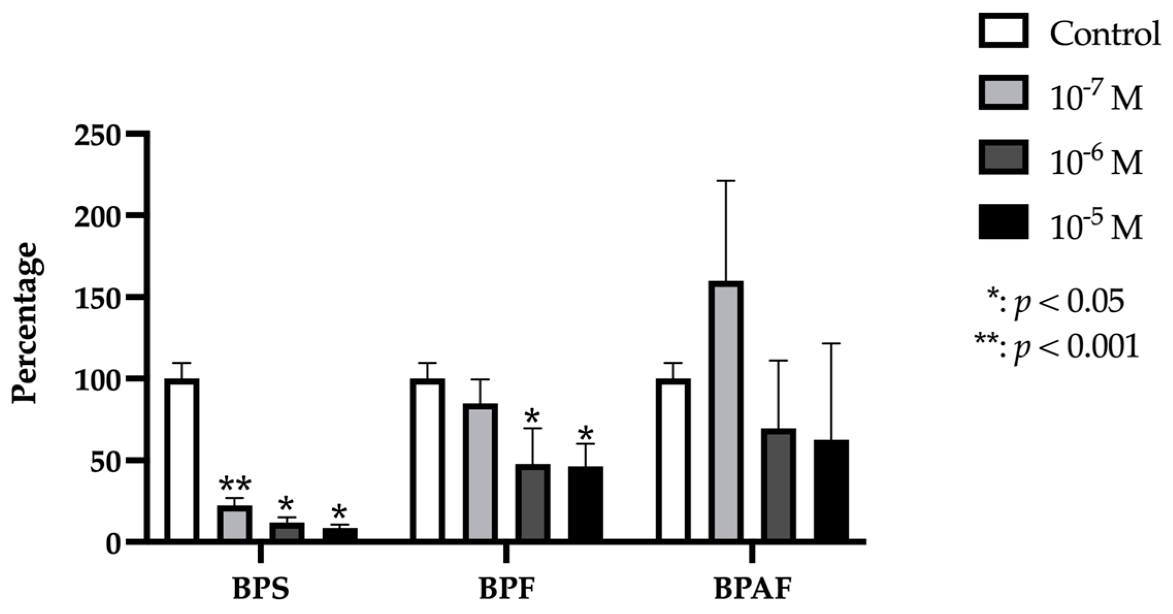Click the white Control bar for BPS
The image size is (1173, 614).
181,460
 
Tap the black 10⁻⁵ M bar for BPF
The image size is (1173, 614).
585,504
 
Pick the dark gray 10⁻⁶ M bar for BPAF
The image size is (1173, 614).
778,485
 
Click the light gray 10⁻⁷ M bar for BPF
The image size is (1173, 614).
480,473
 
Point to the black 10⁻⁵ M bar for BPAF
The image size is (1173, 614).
831,491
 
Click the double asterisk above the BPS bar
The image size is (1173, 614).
235,486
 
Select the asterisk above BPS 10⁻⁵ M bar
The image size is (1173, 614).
339,513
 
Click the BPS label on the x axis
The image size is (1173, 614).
261,589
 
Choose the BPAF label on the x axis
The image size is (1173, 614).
752,589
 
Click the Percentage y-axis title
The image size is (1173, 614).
26,324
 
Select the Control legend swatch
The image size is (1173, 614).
1003,31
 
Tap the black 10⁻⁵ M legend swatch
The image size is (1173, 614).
1003,222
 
